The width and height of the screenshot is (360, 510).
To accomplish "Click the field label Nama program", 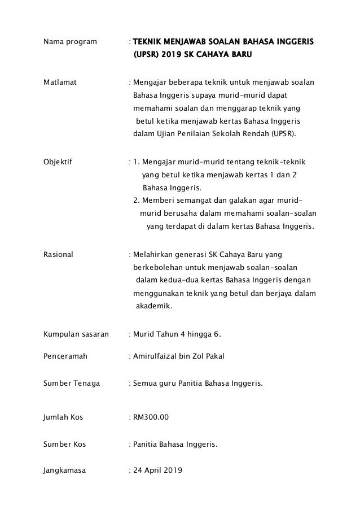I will click(x=69, y=42).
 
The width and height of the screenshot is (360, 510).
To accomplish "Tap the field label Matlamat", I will click(x=61, y=82).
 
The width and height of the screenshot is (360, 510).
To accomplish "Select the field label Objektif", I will click(x=59, y=162).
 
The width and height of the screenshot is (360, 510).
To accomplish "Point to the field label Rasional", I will click(x=58, y=255).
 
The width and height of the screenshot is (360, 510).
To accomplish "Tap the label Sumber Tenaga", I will click(x=72, y=383).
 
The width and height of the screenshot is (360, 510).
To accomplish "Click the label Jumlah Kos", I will click(x=63, y=417).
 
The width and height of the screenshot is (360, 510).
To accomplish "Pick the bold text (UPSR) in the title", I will click(x=146, y=55).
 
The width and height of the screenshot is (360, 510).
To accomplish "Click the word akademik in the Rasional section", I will click(x=155, y=307).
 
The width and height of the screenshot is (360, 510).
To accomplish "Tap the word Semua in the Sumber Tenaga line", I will click(x=145, y=383).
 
